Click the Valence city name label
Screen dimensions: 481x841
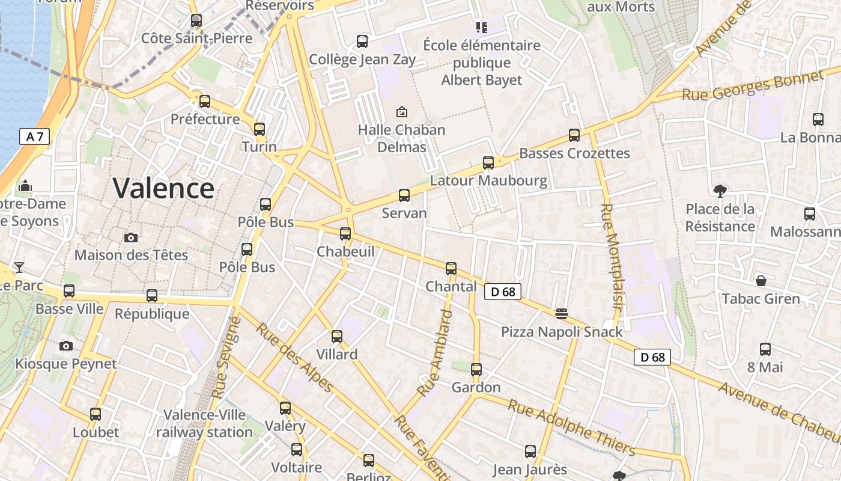point(163,188)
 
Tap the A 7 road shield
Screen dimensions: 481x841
point(35,136)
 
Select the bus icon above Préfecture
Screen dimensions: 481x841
point(205,101)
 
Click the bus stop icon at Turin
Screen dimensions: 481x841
point(260,129)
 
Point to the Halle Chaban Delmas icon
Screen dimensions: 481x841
point(401,112)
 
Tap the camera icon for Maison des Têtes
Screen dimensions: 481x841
point(131,237)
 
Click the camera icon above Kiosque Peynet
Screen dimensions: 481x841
point(66,346)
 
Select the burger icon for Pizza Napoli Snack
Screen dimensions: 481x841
point(562,313)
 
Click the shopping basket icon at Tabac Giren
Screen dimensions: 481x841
point(761,281)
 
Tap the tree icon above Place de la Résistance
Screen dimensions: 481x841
point(720,191)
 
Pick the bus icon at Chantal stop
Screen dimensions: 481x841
point(451,268)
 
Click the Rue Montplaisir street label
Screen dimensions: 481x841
point(612,265)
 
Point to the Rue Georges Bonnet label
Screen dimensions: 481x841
point(752,86)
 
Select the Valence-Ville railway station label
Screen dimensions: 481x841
point(204,423)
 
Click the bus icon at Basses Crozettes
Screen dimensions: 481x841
point(574,135)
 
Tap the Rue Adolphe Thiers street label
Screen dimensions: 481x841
point(571,427)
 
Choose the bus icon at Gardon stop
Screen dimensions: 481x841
point(476,369)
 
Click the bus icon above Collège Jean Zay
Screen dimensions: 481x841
point(362,41)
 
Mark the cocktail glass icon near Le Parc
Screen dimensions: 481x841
point(19,267)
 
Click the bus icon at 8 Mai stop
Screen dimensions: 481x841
point(765,349)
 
